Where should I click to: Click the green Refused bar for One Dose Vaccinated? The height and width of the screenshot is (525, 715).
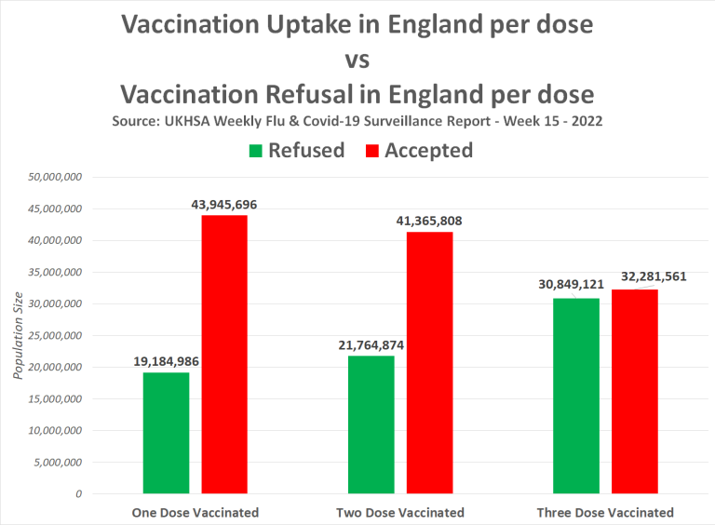[166, 433]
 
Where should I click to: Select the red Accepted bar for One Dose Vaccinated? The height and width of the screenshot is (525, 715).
[224, 354]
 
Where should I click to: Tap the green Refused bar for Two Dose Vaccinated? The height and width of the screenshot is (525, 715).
[371, 424]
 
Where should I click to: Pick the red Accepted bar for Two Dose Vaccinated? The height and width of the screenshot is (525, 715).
[429, 362]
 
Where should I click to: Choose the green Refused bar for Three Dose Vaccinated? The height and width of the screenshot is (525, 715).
[575, 396]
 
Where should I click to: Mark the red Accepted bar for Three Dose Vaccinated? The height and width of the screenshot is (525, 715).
[634, 391]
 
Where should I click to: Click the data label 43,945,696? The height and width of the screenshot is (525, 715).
[223, 204]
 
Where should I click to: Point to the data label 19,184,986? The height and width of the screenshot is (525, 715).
[166, 361]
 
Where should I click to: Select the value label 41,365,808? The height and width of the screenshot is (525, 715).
[429, 221]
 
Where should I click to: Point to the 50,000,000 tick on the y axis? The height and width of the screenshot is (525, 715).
[58, 177]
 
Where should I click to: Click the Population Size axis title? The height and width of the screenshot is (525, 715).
[18, 335]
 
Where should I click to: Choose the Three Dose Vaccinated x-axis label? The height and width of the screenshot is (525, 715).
[605, 512]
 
